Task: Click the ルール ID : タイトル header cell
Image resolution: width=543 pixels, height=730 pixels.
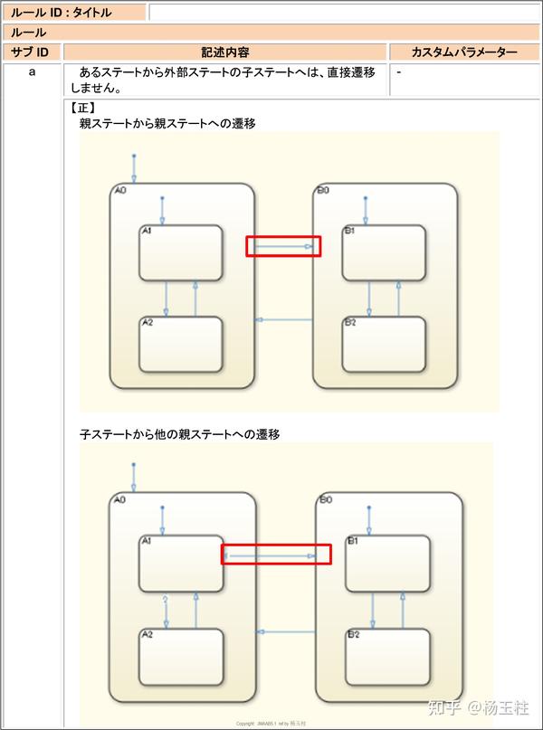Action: point(73,12)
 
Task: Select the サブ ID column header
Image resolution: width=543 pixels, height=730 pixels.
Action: point(32,52)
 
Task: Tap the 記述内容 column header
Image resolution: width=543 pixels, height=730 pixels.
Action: point(225,52)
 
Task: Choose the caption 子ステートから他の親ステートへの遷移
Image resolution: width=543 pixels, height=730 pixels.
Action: point(179,434)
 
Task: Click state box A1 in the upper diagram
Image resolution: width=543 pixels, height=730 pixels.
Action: point(181,252)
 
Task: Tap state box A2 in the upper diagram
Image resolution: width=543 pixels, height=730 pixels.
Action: point(181,344)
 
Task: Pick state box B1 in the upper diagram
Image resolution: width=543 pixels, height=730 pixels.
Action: point(384,252)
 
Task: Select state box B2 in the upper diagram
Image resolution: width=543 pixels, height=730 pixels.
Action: point(384,344)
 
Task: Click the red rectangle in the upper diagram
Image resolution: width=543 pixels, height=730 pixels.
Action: point(283,246)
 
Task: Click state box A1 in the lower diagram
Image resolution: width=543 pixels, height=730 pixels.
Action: point(181,563)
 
